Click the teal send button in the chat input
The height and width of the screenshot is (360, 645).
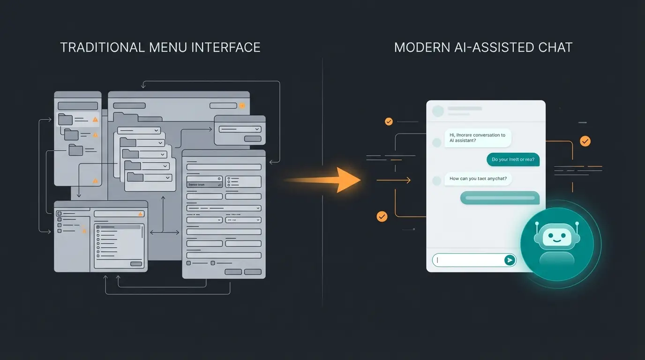click(x=509, y=260)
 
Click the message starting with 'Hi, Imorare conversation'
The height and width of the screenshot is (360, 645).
click(x=477, y=138)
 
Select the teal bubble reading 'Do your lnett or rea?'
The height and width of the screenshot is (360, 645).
click(x=513, y=159)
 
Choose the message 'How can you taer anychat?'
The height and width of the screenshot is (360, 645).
click(x=478, y=179)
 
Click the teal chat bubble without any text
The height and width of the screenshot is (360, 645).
click(x=500, y=198)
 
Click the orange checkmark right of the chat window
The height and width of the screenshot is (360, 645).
click(x=585, y=141)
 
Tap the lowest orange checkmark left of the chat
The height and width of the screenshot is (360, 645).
click(x=382, y=216)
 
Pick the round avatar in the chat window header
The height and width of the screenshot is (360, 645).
click(x=438, y=111)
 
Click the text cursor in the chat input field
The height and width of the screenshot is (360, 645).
click(x=437, y=260)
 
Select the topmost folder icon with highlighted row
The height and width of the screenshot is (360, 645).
click(x=66, y=119)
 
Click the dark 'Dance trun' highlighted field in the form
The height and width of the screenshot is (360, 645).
click(x=204, y=185)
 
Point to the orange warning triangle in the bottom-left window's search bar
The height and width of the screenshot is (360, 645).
click(x=140, y=214)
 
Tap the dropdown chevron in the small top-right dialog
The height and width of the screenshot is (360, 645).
click(x=256, y=129)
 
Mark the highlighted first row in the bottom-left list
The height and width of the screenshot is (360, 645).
click(x=118, y=227)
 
